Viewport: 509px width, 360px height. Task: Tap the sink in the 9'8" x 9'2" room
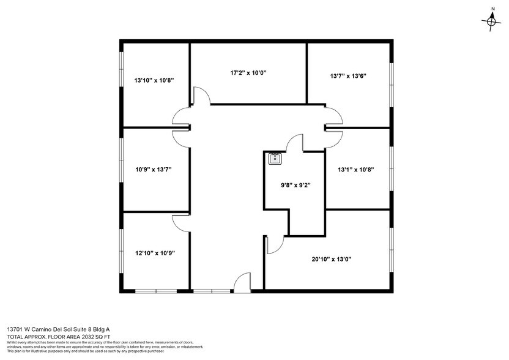[275, 158]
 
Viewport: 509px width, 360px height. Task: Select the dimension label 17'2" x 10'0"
[248, 73]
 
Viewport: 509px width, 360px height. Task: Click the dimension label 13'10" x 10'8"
[155, 80]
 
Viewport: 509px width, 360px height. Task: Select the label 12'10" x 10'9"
[155, 252]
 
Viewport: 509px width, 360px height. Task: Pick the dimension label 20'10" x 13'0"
[331, 258]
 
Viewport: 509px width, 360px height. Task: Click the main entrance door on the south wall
[243, 281]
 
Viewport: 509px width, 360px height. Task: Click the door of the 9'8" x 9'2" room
[295, 143]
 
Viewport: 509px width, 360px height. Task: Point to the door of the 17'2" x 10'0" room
[201, 96]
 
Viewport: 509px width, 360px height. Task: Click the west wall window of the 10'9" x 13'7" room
[121, 169]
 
